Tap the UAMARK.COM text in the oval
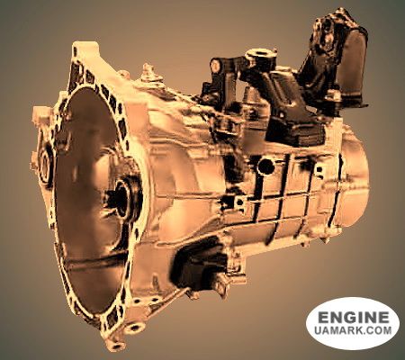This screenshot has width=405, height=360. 353,330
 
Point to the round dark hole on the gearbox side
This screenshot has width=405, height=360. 265,166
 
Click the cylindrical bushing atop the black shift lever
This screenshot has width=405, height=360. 260,57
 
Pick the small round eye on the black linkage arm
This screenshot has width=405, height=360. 216,65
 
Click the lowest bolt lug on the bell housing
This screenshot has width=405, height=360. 114,344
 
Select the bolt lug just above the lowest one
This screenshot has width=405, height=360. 134,328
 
